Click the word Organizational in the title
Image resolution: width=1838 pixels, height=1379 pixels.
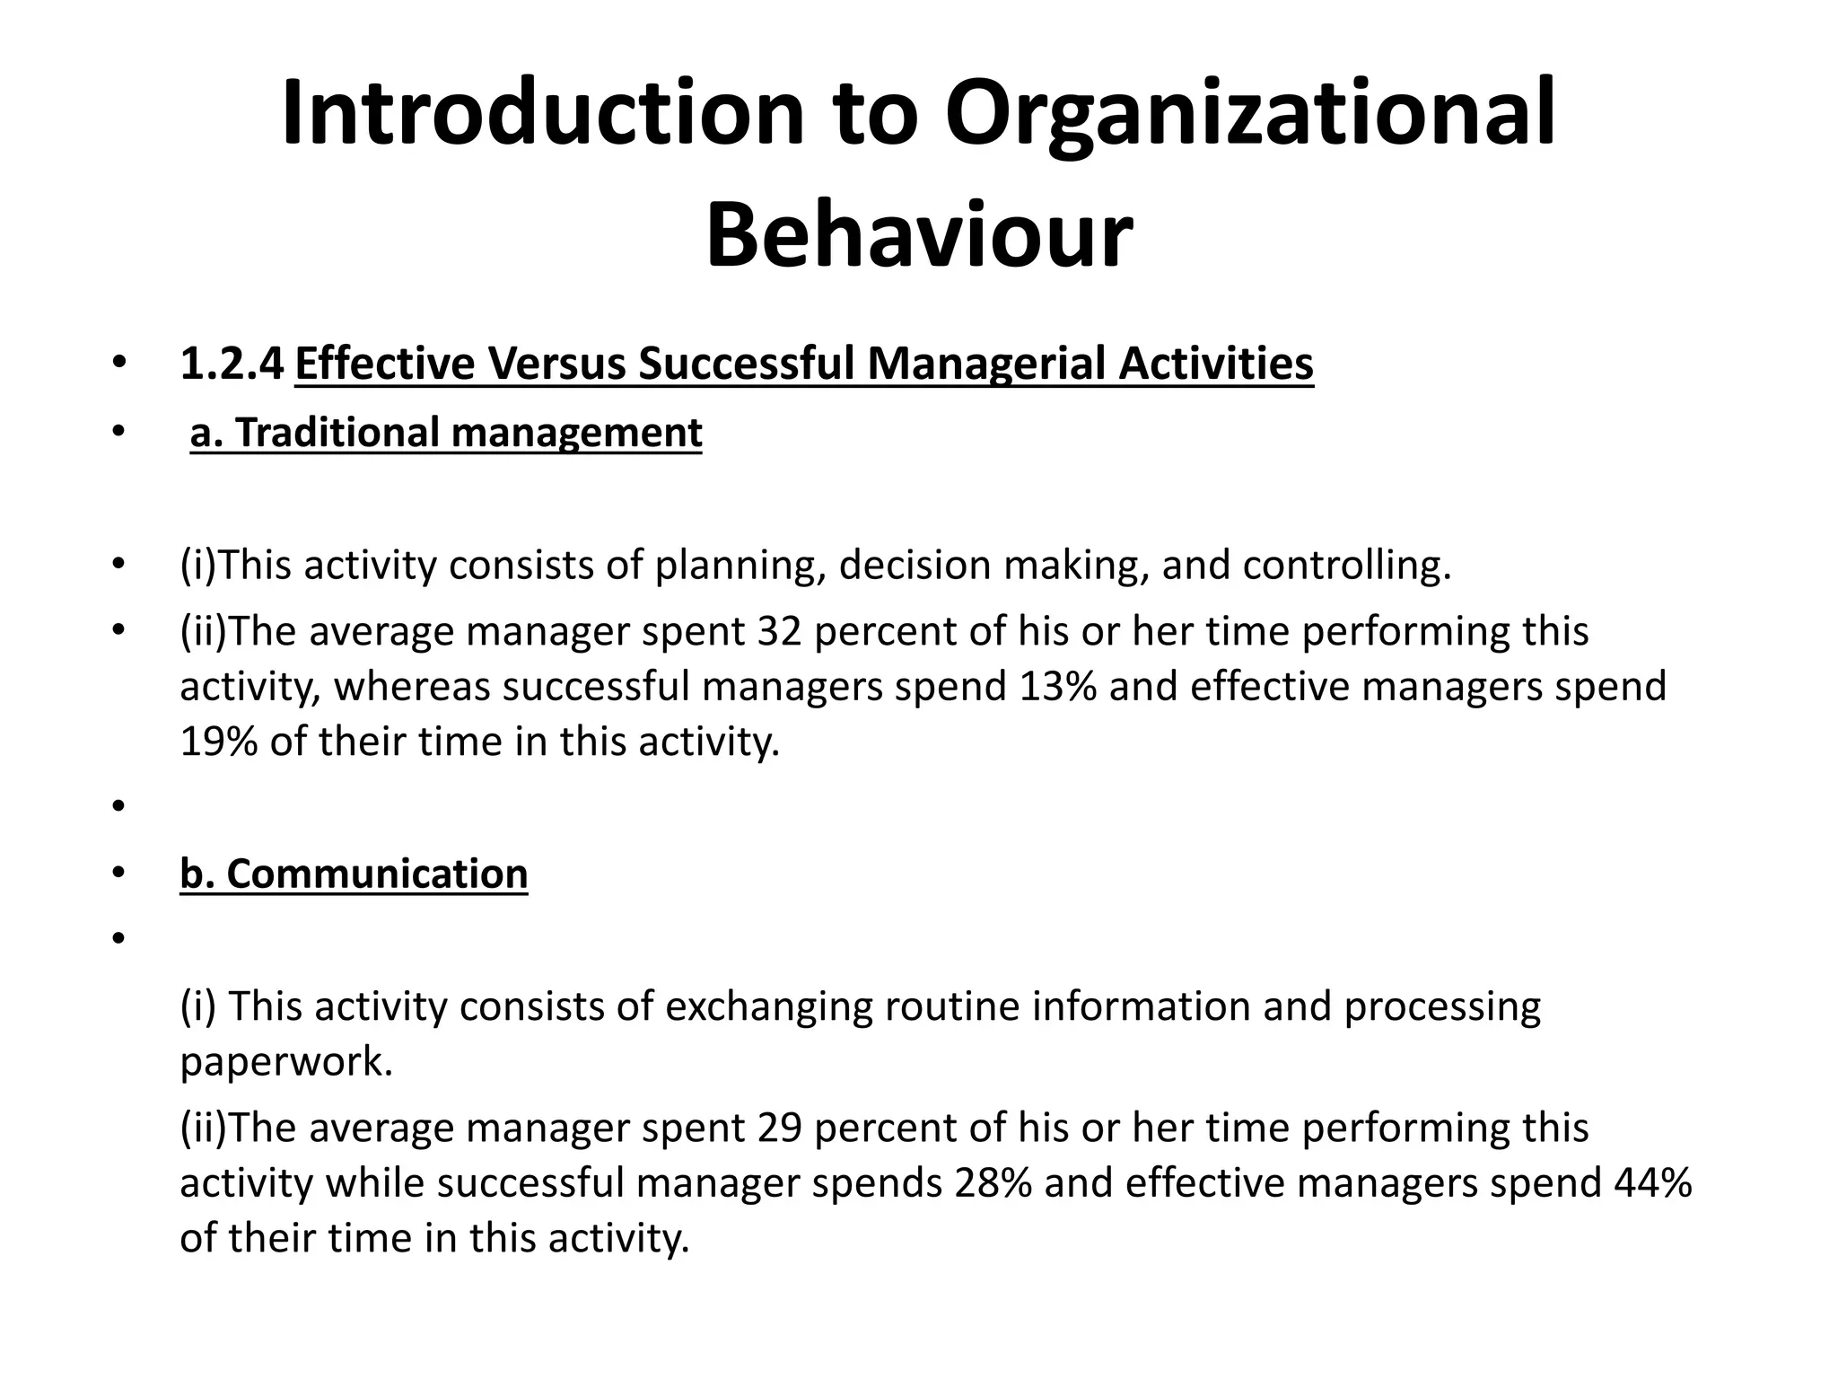click(x=1249, y=115)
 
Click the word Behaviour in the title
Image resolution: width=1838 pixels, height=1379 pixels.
click(x=919, y=236)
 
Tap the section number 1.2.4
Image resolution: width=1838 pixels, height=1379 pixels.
click(x=232, y=365)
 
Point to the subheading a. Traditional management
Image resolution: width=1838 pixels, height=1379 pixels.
click(x=446, y=433)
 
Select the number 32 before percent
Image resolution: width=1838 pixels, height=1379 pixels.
click(x=780, y=631)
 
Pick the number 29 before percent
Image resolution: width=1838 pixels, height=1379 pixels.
click(x=780, y=1129)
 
